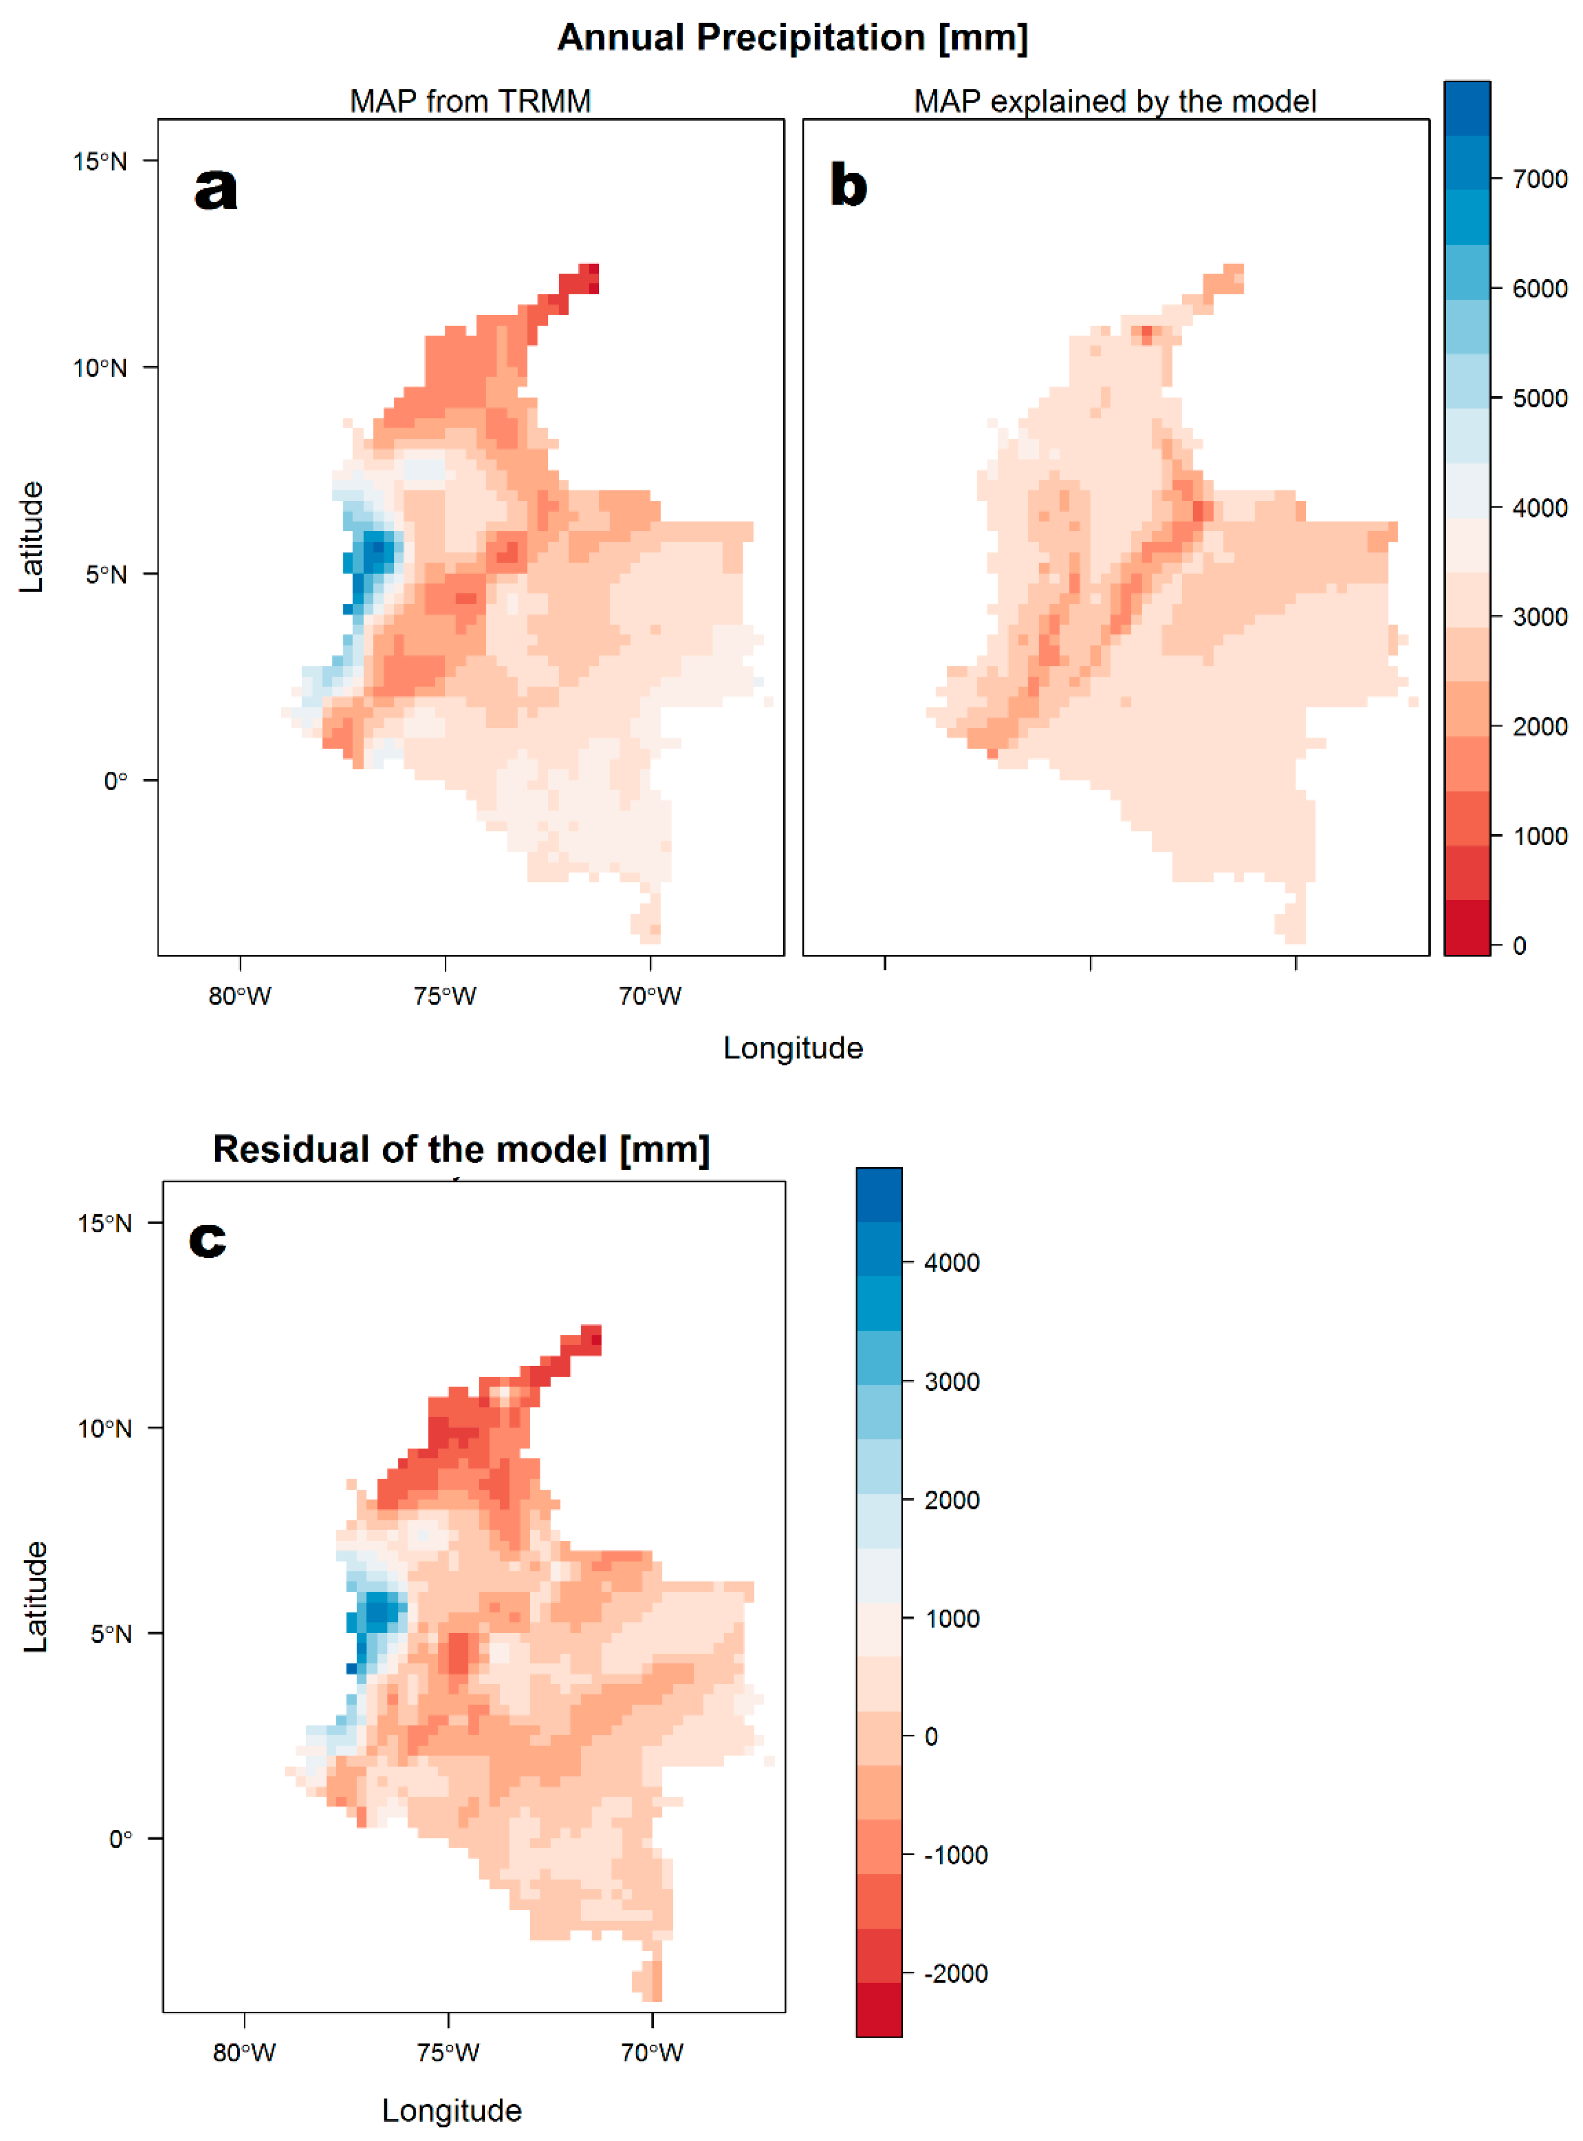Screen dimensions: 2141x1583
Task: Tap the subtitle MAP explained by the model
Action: click(x=1114, y=100)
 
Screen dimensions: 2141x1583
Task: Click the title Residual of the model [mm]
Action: click(x=461, y=1148)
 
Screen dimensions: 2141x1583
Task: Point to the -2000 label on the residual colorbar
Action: click(x=955, y=1973)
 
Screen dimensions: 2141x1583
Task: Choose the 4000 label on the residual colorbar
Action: click(x=951, y=1263)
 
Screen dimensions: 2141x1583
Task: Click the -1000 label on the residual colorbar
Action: click(x=955, y=1855)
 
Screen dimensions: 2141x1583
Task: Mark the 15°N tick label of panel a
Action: click(x=99, y=161)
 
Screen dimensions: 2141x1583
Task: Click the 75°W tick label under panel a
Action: click(x=445, y=996)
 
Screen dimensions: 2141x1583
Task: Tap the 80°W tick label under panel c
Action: click(x=244, y=2052)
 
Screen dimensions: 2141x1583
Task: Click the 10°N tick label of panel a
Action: click(x=99, y=368)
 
